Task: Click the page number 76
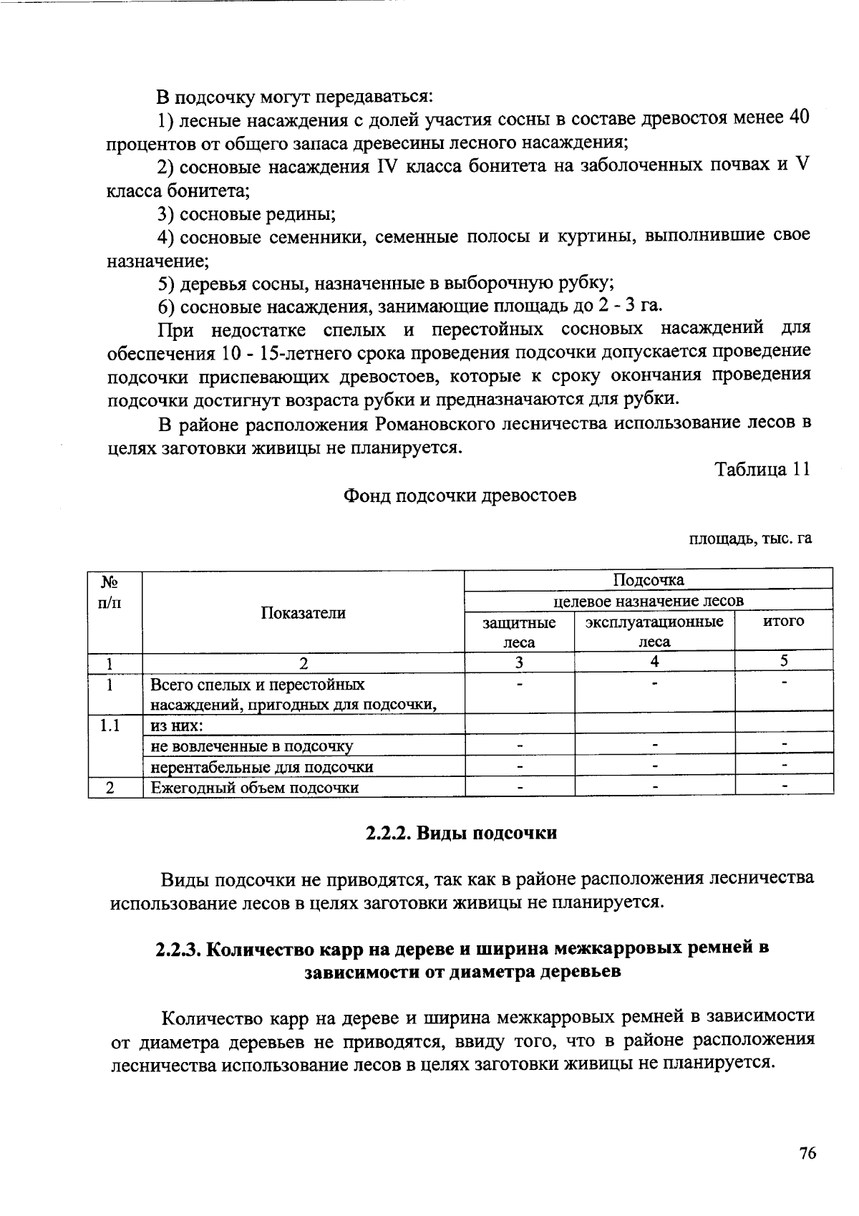point(807,1153)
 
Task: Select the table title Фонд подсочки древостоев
point(460,496)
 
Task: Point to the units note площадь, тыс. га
point(750,539)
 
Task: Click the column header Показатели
point(303,612)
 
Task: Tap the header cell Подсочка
point(649,579)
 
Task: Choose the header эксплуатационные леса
point(654,631)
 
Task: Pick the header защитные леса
point(519,631)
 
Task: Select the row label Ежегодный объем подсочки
point(255,788)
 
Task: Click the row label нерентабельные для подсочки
point(262,767)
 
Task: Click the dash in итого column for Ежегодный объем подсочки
point(785,788)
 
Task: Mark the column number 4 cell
point(654,662)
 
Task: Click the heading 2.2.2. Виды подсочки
point(461,833)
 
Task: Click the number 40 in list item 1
point(799,118)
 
